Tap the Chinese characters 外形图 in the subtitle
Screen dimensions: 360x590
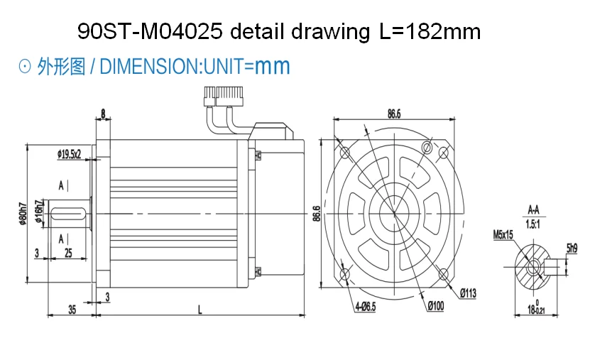point(62,67)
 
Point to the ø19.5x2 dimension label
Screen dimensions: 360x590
point(69,153)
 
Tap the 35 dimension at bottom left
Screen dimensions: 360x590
point(72,309)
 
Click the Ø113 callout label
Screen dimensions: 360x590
point(468,292)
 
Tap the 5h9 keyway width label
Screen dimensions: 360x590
point(572,248)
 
